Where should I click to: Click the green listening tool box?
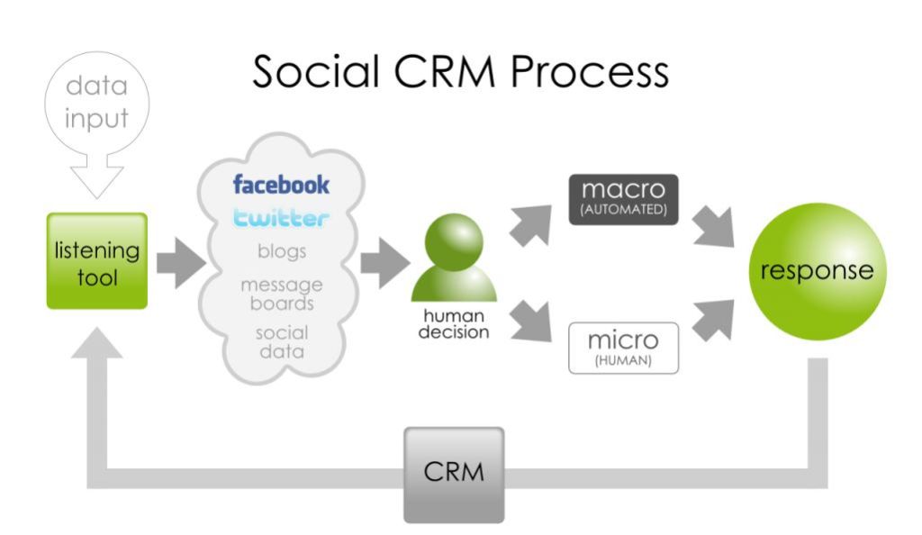[97, 260]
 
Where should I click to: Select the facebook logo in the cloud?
[281, 184]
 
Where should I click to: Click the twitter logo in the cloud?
[281, 218]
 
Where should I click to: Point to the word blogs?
[282, 251]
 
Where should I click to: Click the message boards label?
[282, 294]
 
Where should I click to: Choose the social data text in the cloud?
[282, 341]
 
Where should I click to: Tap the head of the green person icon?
[454, 241]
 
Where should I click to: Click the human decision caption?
[454, 324]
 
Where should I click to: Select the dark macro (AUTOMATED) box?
[623, 199]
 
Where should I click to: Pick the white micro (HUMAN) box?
[623, 348]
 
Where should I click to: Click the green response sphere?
[818, 271]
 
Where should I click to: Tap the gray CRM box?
[454, 475]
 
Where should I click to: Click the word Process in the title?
[590, 72]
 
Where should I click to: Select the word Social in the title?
[316, 72]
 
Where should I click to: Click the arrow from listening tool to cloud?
[181, 263]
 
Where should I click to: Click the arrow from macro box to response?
[714, 226]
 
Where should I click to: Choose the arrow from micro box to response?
[714, 320]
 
